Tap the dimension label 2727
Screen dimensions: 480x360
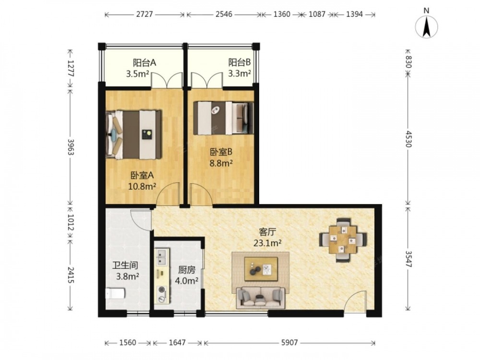[144, 14]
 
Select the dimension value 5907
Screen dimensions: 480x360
[289, 343]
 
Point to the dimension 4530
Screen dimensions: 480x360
[408, 139]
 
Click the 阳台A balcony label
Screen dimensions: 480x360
[144, 63]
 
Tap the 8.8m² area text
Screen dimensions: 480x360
[221, 163]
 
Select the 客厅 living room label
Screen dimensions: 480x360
[267, 232]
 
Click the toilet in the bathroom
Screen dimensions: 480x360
[115, 293]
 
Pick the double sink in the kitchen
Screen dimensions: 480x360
[162, 257]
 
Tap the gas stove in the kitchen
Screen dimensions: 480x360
[162, 293]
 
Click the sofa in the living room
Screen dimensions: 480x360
[261, 297]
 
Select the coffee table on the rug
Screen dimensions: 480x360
[261, 269]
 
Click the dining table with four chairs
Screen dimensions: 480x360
[343, 240]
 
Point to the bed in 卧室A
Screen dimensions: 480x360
[133, 135]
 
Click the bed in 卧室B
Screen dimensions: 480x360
[224, 118]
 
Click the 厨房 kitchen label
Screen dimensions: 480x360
[187, 270]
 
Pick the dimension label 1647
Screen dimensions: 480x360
[177, 343]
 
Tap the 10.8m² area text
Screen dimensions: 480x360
[142, 186]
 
